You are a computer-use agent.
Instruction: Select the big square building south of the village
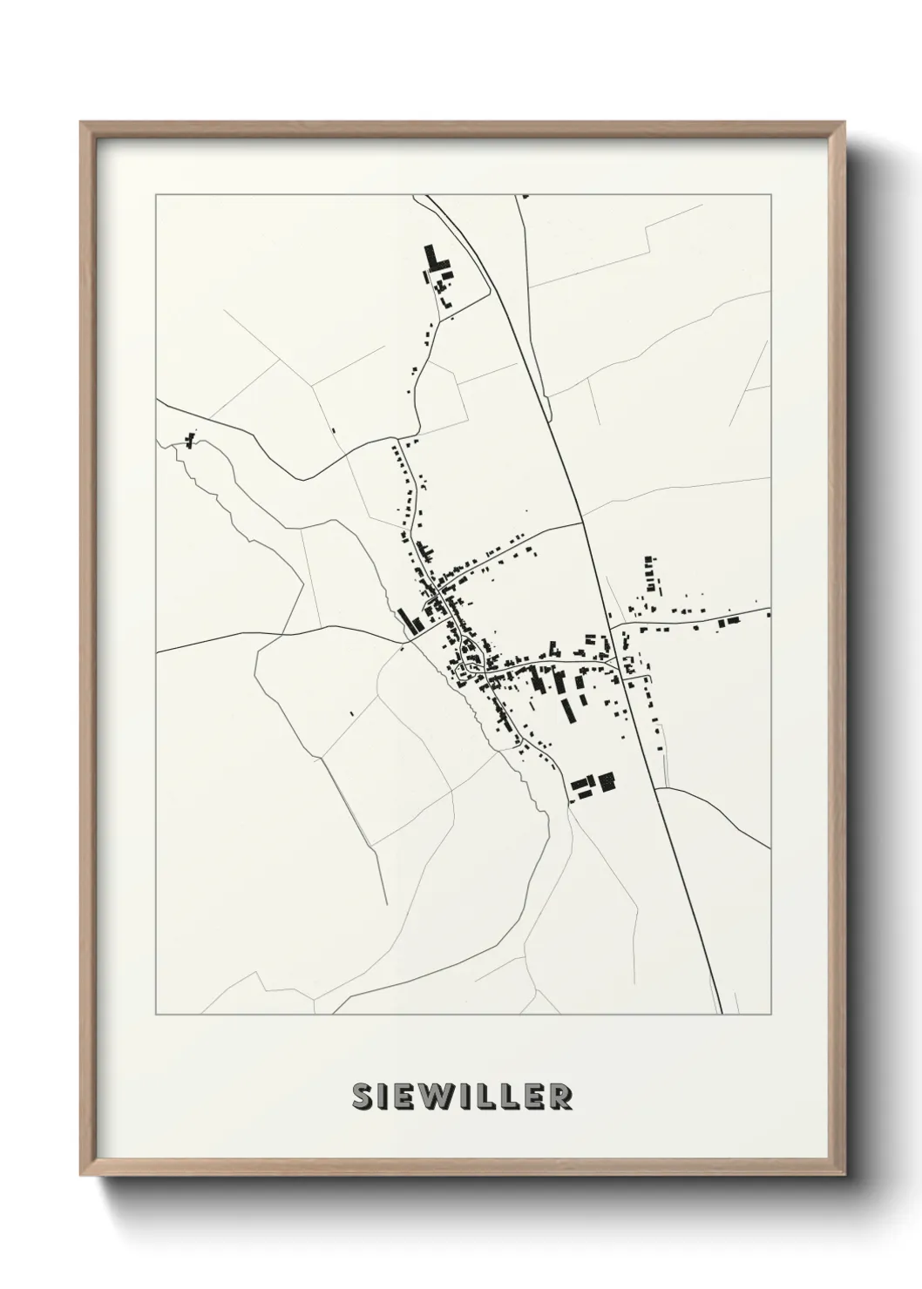pos(606,782)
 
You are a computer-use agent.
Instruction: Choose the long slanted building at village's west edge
pos(407,620)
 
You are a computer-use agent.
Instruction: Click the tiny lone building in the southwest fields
pos(350,714)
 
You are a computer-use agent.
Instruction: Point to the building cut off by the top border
pos(525,197)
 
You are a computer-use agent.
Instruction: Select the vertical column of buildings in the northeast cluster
pos(648,570)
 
